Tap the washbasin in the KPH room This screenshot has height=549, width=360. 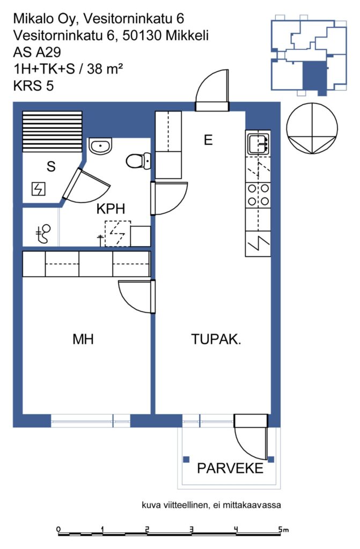100,146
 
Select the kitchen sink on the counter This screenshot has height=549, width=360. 259,144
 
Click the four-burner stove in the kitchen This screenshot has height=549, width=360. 259,195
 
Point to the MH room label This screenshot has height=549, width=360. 83,339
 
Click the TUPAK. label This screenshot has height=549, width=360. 216,339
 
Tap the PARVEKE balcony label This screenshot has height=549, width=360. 230,468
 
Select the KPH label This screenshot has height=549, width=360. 111,209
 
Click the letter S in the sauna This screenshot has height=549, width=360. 51,166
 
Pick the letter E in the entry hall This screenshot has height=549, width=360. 208,140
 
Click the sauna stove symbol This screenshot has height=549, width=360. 39,189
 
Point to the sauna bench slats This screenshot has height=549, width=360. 52,132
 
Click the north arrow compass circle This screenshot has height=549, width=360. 312,129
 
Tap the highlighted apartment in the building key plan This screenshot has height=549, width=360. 314,77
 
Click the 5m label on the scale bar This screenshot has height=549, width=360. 284,529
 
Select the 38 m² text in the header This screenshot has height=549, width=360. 105,69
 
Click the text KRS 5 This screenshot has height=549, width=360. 33,85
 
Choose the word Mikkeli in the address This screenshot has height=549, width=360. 187,35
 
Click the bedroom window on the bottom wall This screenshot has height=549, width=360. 91,420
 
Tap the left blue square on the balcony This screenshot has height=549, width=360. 187,459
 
